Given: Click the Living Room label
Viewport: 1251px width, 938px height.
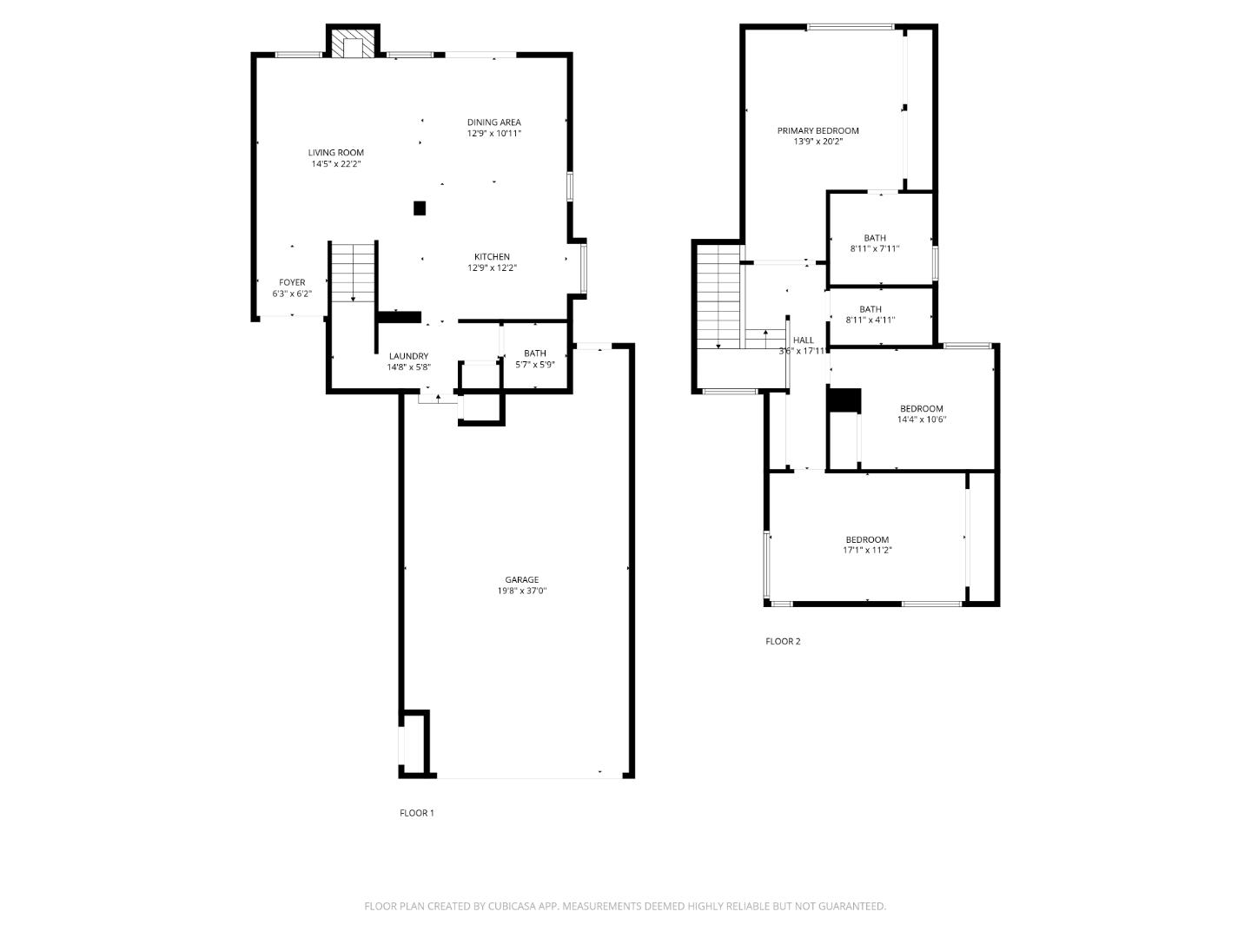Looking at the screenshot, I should tap(335, 153).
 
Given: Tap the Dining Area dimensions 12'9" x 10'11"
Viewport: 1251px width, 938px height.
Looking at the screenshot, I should tap(493, 134).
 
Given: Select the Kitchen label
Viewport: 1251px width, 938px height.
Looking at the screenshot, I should tap(492, 257).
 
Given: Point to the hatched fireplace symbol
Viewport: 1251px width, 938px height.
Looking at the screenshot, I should tap(353, 48).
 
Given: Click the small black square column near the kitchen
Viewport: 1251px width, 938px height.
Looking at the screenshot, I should tap(420, 208).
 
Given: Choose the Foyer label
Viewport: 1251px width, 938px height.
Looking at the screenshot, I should tap(292, 283).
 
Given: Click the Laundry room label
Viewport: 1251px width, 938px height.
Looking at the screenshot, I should tap(408, 356).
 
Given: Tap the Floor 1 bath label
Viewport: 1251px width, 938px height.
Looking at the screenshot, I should tap(535, 353).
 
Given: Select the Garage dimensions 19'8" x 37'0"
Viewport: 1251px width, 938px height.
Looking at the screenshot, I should tap(521, 591).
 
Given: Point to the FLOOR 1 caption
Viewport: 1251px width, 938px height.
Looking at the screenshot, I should tap(416, 814).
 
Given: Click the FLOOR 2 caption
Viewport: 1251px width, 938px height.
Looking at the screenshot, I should tap(783, 642).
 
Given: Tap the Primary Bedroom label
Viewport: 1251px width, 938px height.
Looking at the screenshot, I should tap(817, 131).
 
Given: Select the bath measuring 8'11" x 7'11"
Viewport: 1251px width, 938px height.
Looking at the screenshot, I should tap(874, 243).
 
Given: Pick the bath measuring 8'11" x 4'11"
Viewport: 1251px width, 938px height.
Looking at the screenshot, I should tap(870, 314).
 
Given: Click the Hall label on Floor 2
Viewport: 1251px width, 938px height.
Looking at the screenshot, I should tap(804, 340).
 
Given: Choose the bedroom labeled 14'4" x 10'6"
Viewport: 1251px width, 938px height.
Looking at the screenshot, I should tap(921, 414).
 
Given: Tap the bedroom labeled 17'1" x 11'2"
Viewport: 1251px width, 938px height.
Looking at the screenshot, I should tap(867, 545).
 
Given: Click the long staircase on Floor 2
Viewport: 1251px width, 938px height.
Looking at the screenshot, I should tap(718, 295).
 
